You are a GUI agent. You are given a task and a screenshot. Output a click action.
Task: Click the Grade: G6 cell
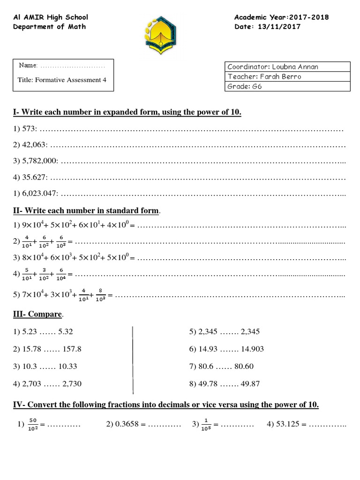click(287, 86)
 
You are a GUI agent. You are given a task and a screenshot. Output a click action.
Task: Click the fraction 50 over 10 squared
click(33, 425)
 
